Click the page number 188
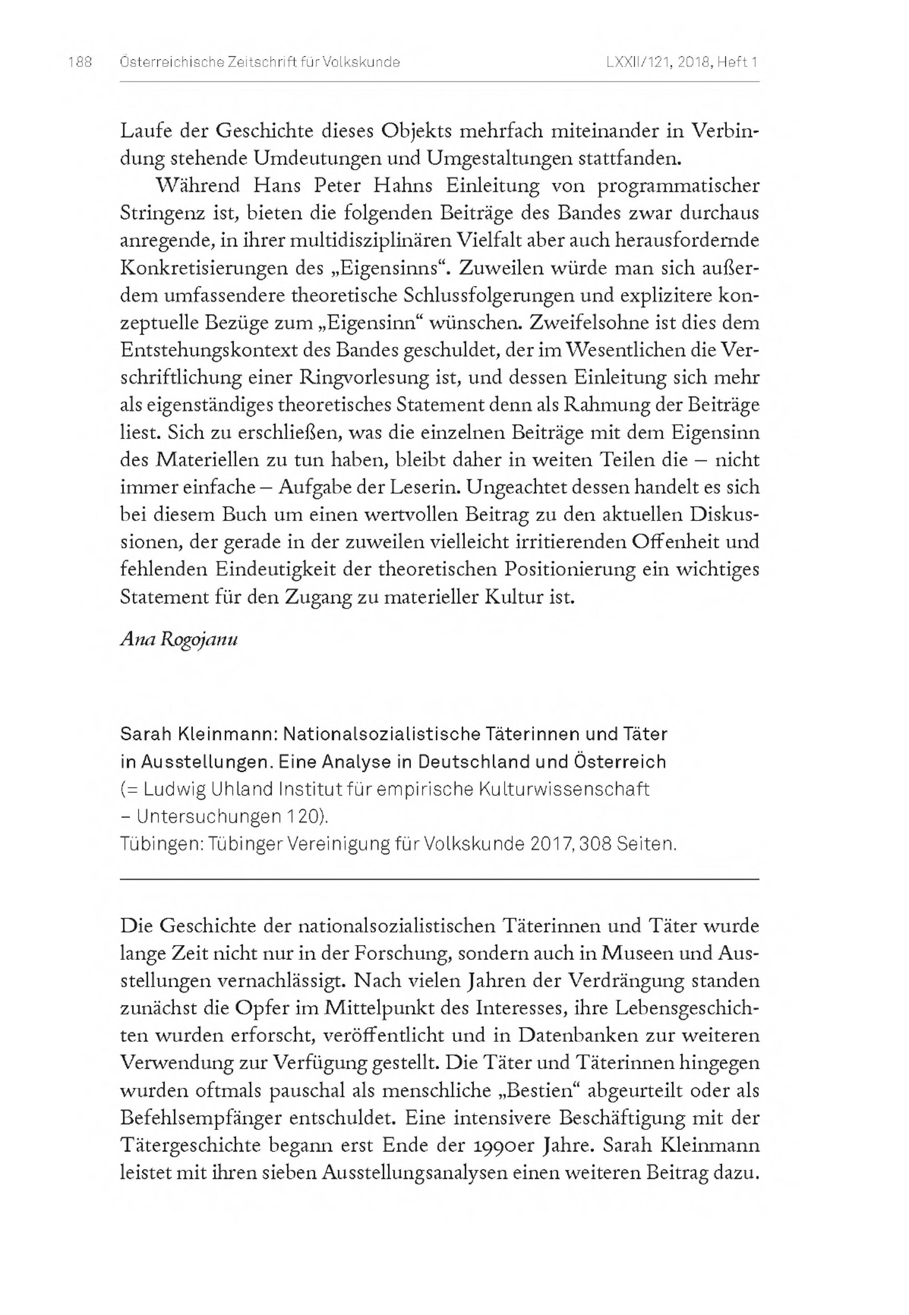80,62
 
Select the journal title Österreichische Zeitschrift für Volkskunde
260,62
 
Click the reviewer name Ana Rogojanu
179,639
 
